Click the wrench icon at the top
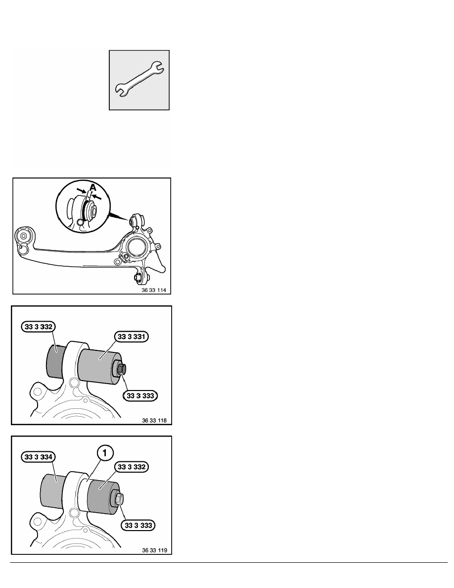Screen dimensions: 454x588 tap(139, 80)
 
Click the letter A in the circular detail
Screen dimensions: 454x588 tap(93, 187)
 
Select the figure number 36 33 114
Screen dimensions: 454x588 tap(154, 290)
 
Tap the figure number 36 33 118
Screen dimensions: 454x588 tap(154, 420)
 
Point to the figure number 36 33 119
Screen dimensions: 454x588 tap(154, 550)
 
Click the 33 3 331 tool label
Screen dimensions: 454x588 tap(131, 337)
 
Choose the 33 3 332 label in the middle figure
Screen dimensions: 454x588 tap(39, 327)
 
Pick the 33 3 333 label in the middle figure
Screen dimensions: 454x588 tap(140, 395)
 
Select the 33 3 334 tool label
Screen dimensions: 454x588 tap(39, 457)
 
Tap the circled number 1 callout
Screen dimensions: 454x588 tap(105, 453)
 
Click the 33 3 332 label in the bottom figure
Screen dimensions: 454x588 tap(131, 467)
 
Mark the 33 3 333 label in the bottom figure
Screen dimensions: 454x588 tap(138, 525)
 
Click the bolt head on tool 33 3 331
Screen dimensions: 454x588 tap(122, 369)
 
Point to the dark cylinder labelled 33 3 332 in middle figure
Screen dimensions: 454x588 tap(55, 362)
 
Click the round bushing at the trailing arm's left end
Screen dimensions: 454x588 tap(23, 237)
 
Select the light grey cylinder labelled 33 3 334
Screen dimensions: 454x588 tap(52, 491)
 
